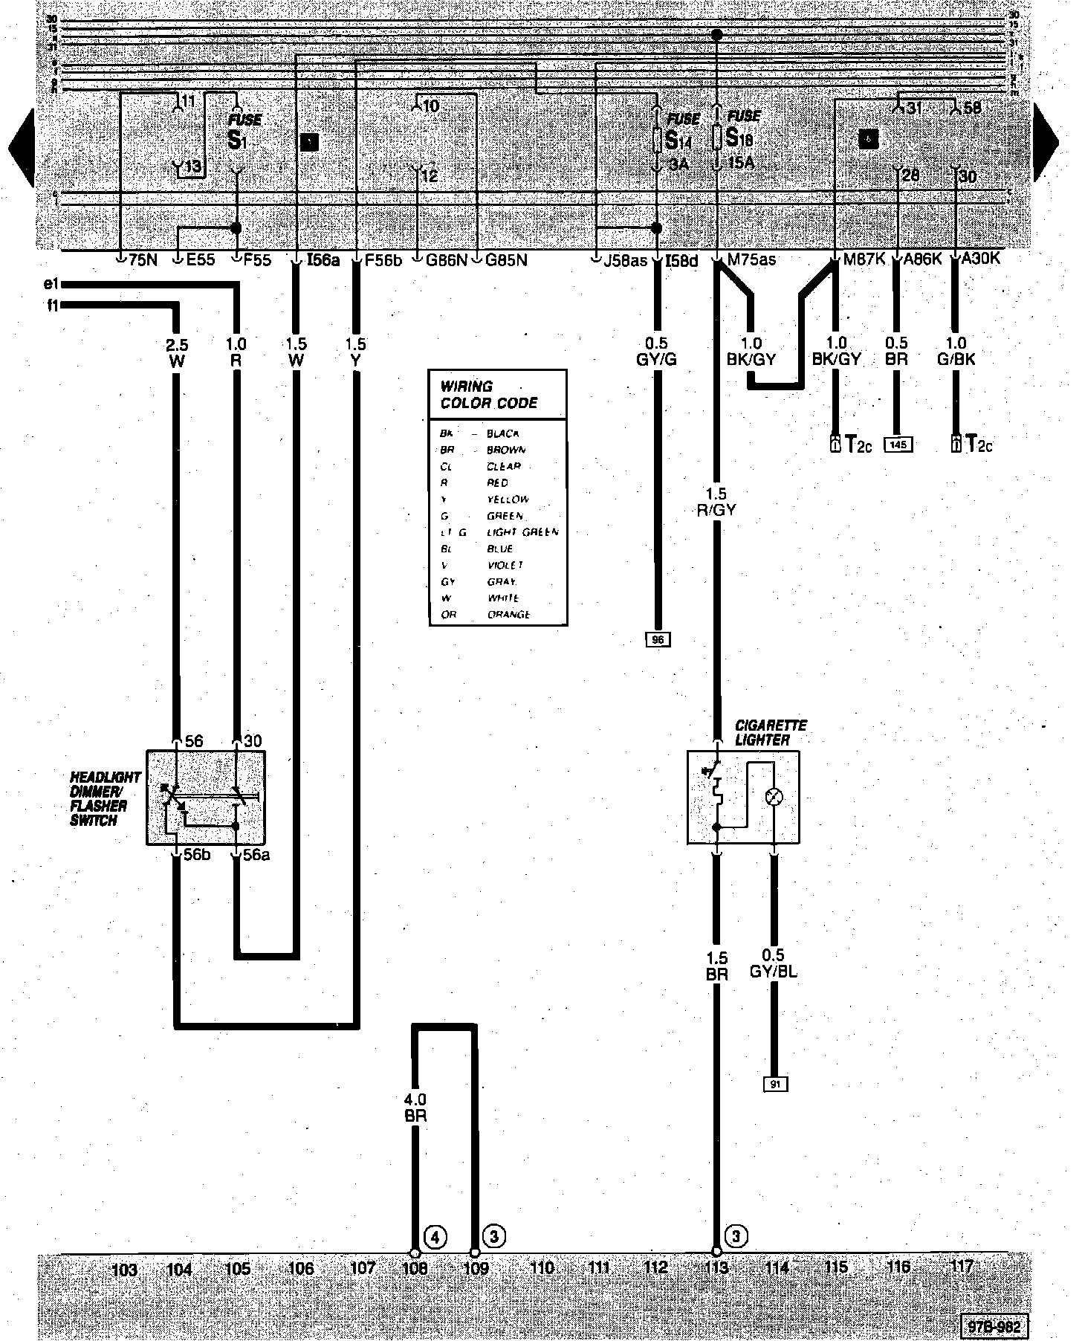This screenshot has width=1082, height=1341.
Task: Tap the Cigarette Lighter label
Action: coord(760,732)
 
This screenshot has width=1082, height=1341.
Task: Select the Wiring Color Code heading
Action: coord(488,395)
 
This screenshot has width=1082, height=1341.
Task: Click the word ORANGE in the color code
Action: coord(509,615)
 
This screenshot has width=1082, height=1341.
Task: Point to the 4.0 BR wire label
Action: coord(415,1107)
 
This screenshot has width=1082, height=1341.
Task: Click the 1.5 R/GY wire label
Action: coord(717,502)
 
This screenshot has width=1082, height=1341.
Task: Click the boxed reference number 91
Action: coord(775,1085)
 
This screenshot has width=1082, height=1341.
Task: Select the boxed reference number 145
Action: coord(898,445)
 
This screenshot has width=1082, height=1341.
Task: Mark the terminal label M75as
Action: coord(751,259)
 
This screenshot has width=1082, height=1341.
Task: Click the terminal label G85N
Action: coord(506,260)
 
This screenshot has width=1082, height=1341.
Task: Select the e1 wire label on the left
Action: coord(51,283)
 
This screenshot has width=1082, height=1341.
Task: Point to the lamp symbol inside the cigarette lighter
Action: coord(774,797)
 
